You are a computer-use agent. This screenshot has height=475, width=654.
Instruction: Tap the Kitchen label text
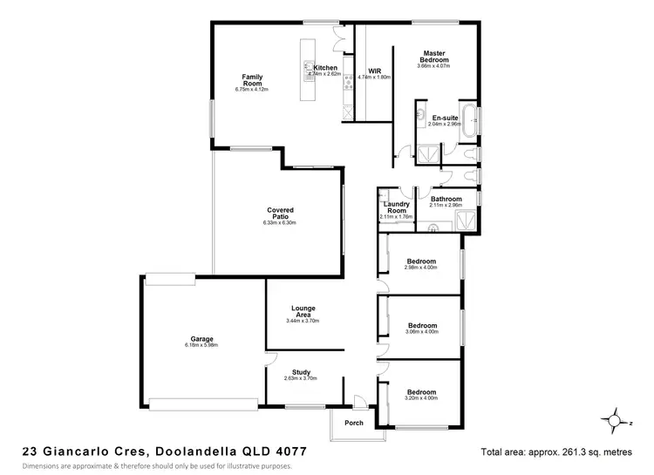[325, 68]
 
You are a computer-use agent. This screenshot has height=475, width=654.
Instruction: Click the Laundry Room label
[396, 207]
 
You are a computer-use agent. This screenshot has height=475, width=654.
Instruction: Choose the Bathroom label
[446, 199]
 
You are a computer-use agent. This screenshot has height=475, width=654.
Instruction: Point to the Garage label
[201, 339]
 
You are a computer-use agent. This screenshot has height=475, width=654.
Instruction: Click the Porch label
[354, 423]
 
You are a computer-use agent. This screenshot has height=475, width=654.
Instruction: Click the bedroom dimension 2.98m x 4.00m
[421, 268]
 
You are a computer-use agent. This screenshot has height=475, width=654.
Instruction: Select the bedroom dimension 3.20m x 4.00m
[421, 397]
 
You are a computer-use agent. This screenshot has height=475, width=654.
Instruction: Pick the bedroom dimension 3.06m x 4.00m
[421, 332]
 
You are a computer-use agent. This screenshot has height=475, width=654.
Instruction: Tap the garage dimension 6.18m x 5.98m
[201, 345]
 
